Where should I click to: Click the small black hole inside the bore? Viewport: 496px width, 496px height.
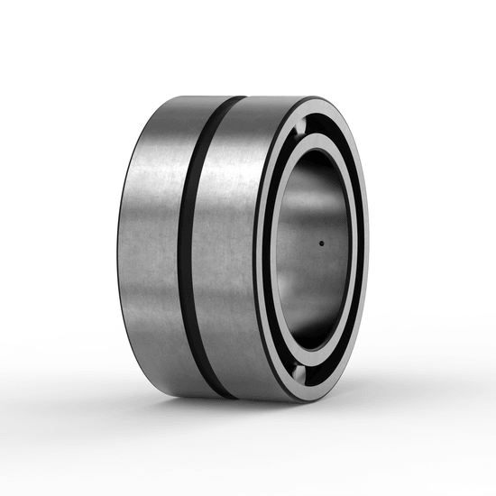pos(321,243)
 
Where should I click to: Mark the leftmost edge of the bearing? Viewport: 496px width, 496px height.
pos(118,243)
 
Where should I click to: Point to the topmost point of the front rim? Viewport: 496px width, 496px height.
pos(316,97)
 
